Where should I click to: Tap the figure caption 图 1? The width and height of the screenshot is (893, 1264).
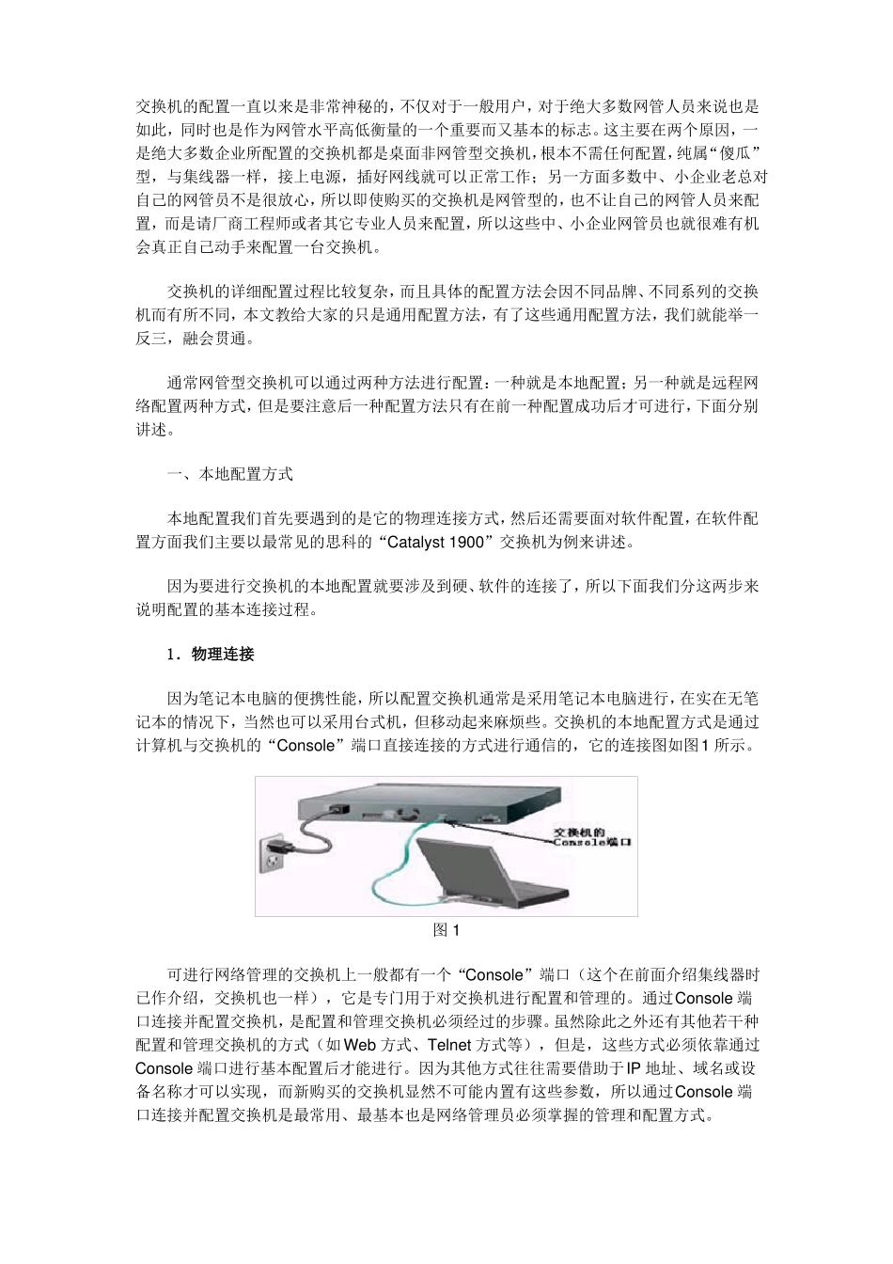446,930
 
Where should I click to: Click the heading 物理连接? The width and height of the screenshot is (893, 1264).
223,654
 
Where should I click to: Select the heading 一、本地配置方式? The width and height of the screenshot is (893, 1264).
230,474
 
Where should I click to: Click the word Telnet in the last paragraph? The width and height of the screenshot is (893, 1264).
452,1045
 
